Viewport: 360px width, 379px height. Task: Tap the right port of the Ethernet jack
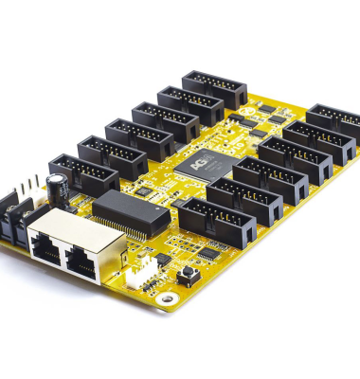pyautogui.click(x=82, y=262)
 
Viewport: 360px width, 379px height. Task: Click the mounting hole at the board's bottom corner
pyautogui.click(x=168, y=299)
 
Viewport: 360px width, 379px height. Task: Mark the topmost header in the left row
pyautogui.click(x=215, y=88)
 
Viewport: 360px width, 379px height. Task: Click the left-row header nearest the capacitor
pyautogui.click(x=84, y=174)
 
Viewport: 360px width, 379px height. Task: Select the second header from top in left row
pyautogui.click(x=190, y=103)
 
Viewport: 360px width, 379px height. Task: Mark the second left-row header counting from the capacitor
pyautogui.click(x=112, y=155)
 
